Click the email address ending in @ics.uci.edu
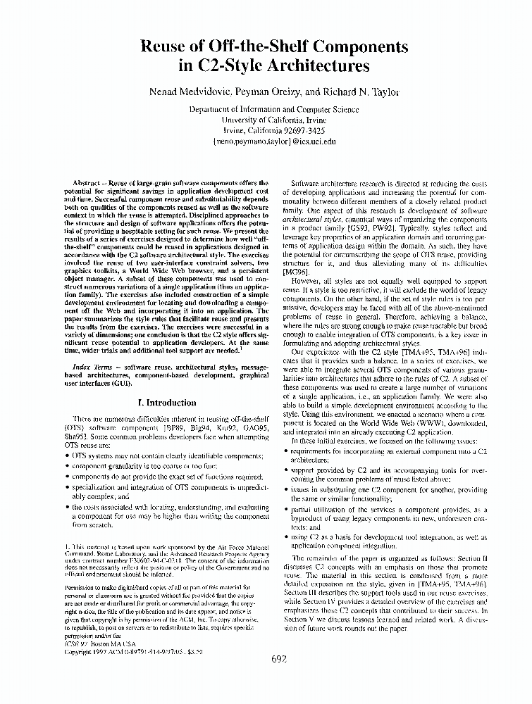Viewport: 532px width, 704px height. tap(264, 141)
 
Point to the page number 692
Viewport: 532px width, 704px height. tap(279, 659)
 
